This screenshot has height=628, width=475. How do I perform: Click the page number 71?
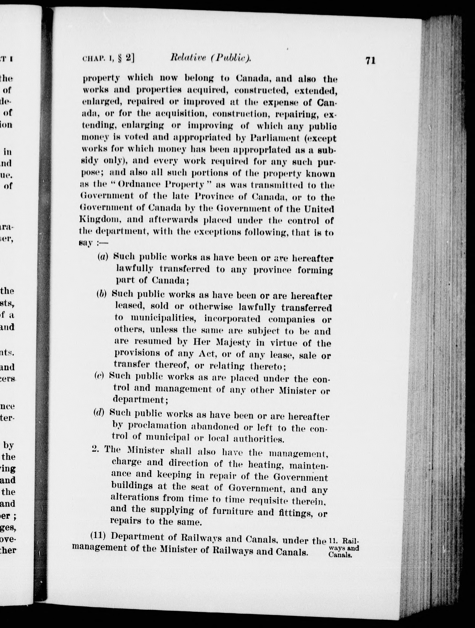tap(370, 61)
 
